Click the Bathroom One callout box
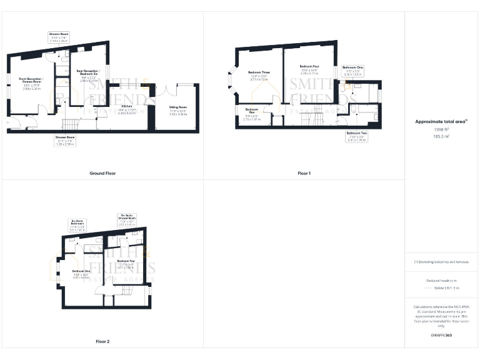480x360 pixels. pos(352,70)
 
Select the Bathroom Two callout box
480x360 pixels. pos(356,136)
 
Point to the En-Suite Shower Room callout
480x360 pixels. pos(127,219)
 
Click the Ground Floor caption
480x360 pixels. pos(102,173)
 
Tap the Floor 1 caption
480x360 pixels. pos(304,173)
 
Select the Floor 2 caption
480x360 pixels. pos(102,342)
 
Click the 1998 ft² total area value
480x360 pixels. pos(441,129)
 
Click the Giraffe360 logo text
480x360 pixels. pos(441,336)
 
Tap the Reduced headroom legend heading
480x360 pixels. pos(441,281)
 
